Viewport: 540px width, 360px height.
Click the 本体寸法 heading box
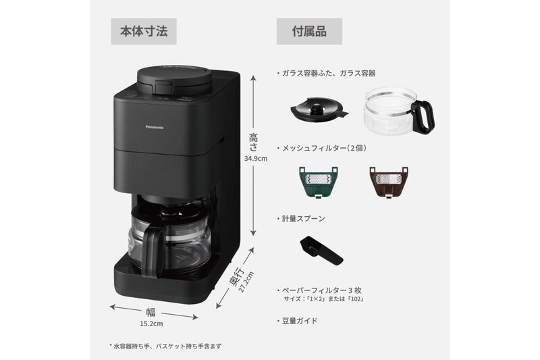click(x=144, y=31)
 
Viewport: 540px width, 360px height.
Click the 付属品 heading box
click(x=309, y=31)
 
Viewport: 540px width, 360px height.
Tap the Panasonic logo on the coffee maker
click(x=155, y=128)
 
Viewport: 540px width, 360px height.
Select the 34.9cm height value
click(x=256, y=159)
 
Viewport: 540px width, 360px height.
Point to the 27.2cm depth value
click(x=246, y=282)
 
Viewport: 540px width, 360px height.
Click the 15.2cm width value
click(x=151, y=324)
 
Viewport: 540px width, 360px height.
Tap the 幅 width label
click(x=151, y=312)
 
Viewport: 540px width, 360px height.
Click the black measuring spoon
click(x=321, y=251)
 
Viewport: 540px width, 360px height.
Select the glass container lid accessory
click(x=319, y=109)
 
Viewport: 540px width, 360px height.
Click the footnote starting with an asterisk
click(x=165, y=346)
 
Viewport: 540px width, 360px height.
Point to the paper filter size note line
click(x=324, y=299)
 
